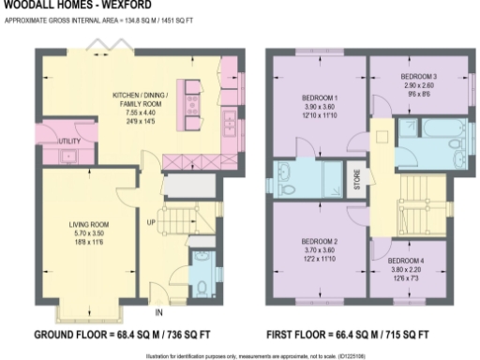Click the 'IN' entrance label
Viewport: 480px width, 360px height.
pos(158,312)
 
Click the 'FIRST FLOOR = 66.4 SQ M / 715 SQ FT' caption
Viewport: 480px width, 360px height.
pos(349,335)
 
